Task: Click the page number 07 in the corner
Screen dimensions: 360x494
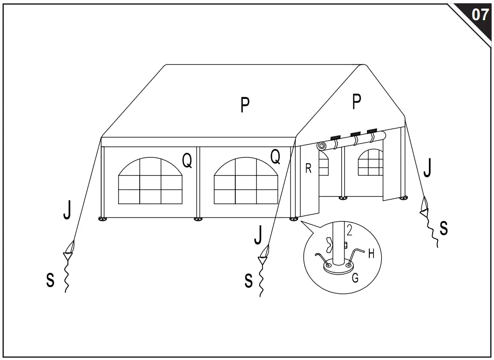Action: pyautogui.click(x=479, y=15)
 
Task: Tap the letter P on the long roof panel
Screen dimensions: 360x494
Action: pyautogui.click(x=245, y=105)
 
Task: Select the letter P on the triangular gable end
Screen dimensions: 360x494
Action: pyautogui.click(x=357, y=102)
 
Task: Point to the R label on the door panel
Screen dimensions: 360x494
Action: pyautogui.click(x=308, y=169)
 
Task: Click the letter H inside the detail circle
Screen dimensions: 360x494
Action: pyautogui.click(x=371, y=254)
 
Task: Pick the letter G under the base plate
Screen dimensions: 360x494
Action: pyautogui.click(x=355, y=278)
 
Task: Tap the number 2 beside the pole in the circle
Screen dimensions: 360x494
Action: pyautogui.click(x=349, y=230)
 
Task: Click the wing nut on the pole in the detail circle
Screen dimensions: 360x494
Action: pyautogui.click(x=329, y=244)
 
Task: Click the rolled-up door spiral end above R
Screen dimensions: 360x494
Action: pyautogui.click(x=322, y=146)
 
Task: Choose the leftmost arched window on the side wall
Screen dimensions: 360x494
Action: pyautogui.click(x=150, y=181)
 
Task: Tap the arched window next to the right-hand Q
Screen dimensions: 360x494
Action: pyautogui.click(x=246, y=181)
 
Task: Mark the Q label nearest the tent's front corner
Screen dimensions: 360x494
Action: pyautogui.click(x=276, y=157)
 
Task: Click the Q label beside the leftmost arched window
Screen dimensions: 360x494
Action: pyautogui.click(x=187, y=160)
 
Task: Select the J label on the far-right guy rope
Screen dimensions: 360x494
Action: pyautogui.click(x=427, y=169)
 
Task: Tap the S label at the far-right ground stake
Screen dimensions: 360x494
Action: pyautogui.click(x=443, y=228)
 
